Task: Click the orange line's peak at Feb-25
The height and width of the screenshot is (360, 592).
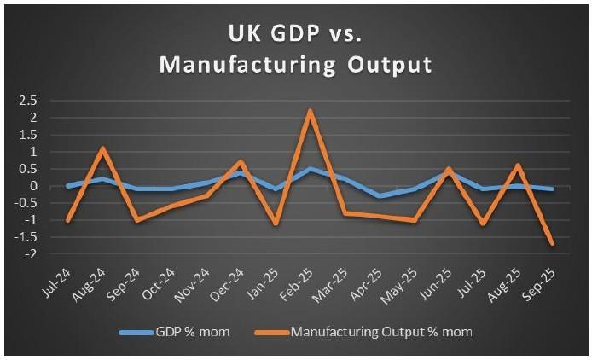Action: [x=311, y=111]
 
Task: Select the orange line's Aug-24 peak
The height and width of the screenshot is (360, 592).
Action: [x=103, y=148]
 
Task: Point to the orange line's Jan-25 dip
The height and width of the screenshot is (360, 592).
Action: [x=276, y=224]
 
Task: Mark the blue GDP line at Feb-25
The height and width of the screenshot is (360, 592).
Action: [x=311, y=169]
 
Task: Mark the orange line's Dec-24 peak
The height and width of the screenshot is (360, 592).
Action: [x=241, y=162]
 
